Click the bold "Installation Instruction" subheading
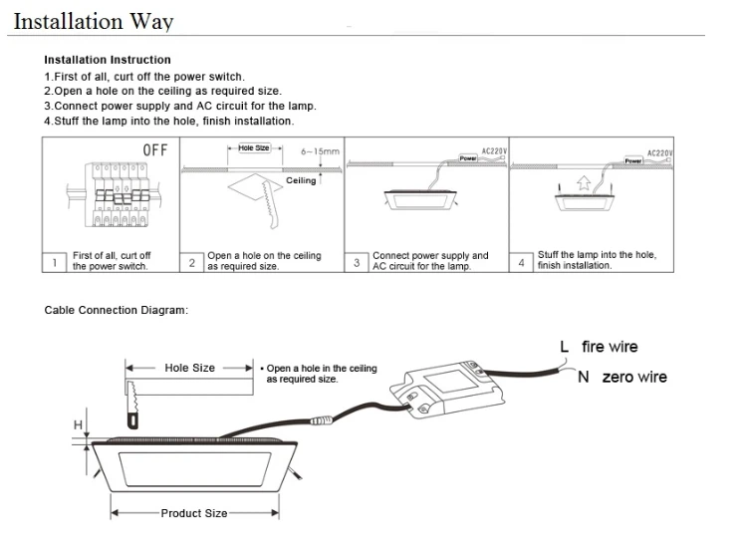108,60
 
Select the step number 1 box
53,263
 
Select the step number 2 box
192,263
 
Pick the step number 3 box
357,263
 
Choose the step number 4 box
521,263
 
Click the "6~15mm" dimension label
320,151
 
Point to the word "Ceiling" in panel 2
301,181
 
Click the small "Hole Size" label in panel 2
255,147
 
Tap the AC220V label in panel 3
495,151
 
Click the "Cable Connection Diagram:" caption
116,310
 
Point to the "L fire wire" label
599,347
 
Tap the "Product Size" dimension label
194,513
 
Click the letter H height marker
77,425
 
